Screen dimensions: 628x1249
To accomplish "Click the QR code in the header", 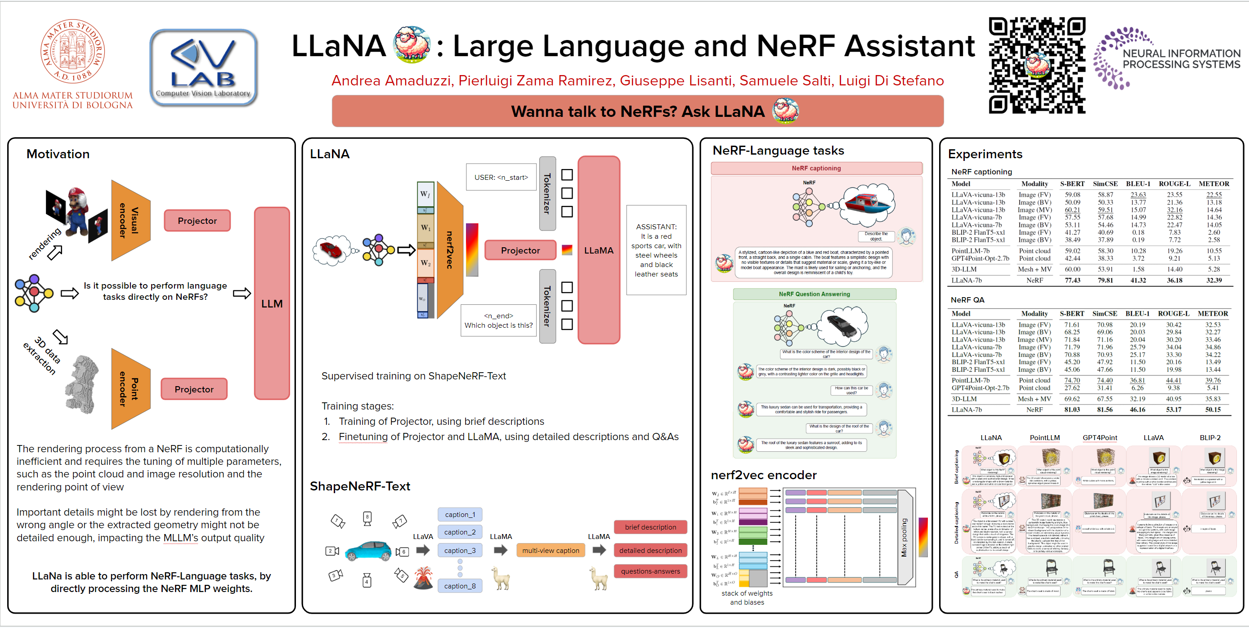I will [1037, 66].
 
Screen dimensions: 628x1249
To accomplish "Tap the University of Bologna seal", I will [72, 51].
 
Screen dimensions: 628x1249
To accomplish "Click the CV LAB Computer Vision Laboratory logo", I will [203, 67].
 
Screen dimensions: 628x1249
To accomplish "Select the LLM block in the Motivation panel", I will [272, 303].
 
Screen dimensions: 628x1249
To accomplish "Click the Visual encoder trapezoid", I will [130, 220].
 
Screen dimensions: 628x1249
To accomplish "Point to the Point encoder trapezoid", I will [130, 389].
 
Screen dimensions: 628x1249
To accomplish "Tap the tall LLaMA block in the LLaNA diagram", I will [599, 250].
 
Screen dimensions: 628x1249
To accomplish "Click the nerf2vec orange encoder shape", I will [449, 250].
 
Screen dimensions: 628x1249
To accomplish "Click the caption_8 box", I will [460, 585].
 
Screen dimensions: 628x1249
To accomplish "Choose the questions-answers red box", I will [650, 571].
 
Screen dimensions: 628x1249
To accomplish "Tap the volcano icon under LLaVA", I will [423, 578].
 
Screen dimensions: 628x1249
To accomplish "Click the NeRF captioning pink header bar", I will [816, 168].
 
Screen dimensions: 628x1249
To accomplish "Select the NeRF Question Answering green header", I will [814, 294].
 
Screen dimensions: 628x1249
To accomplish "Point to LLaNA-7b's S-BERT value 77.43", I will [1072, 280].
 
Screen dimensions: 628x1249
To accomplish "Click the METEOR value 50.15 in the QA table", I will [1213, 410].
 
